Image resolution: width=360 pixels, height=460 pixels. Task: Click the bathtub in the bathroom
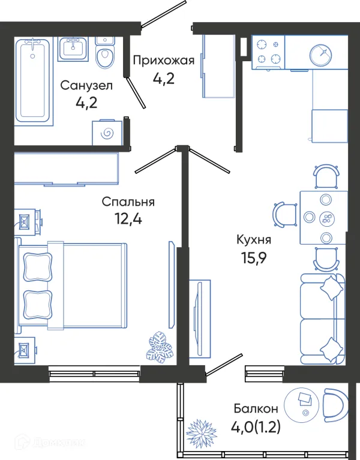[x=34, y=79]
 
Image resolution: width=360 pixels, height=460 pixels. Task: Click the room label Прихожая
[x=164, y=60]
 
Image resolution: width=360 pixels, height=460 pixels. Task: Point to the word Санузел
[x=86, y=85]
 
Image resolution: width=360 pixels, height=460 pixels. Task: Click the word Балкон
[x=256, y=409]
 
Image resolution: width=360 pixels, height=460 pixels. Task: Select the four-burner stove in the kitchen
[x=268, y=52]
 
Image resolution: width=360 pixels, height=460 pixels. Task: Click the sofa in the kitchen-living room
[x=322, y=318]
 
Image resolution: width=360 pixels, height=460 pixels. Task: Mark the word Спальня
[x=128, y=202]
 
